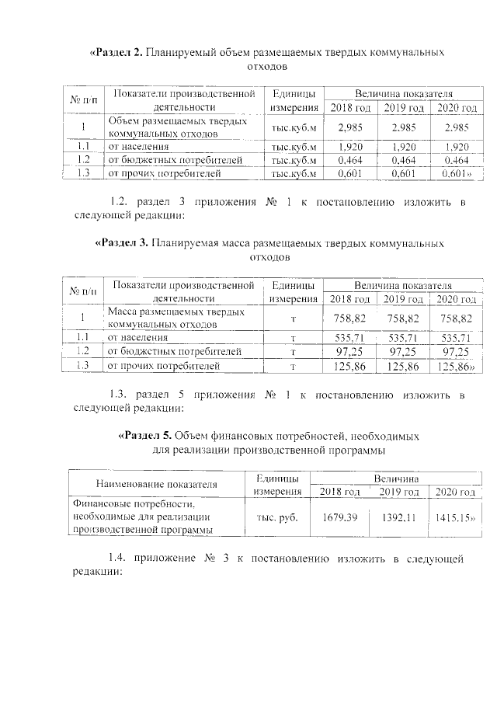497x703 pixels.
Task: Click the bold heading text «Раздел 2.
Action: click(x=117, y=53)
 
